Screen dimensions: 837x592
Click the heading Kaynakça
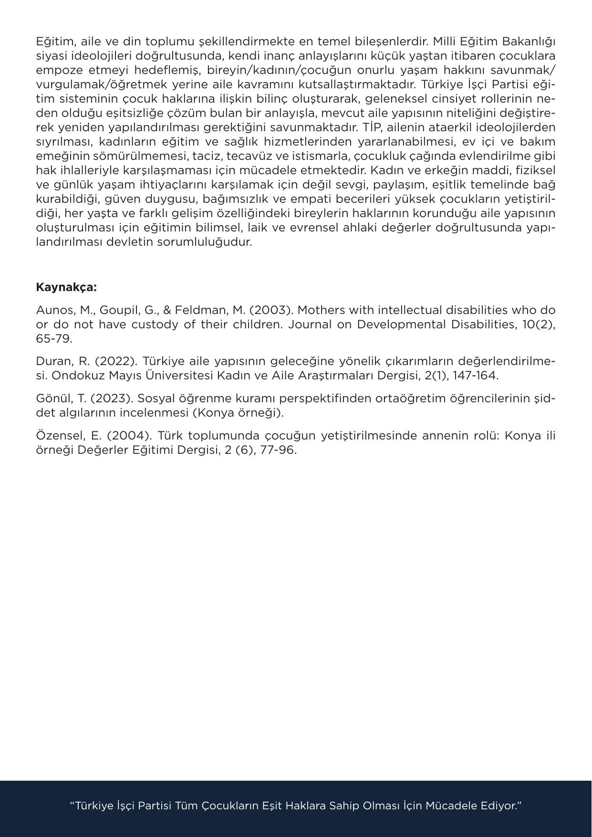[x=66, y=287]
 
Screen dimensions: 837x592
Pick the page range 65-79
[x=54, y=339]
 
